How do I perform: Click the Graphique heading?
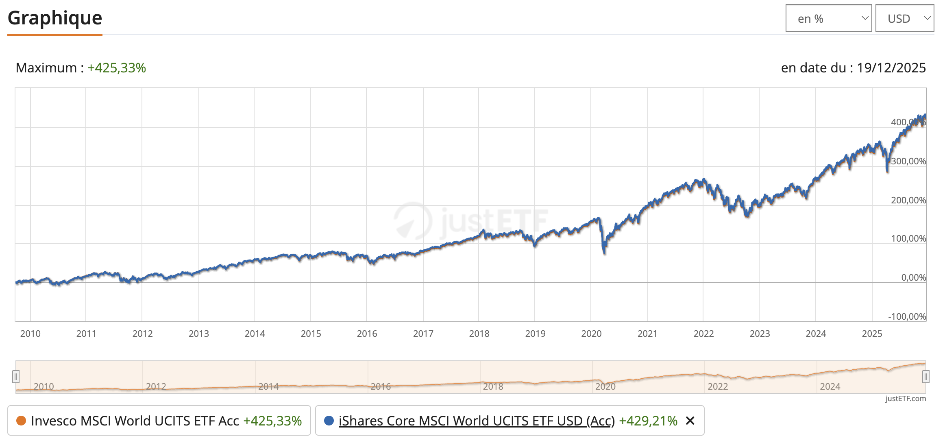55,18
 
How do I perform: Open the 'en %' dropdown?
828,18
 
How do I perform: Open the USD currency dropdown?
904,18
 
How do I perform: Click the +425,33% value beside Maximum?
117,68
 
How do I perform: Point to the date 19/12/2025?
891,68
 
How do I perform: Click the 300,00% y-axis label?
908,161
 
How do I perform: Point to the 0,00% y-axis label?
913,278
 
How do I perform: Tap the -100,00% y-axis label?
907,317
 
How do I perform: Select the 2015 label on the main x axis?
311,334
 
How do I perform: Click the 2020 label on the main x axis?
591,334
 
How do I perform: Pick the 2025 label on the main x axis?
872,334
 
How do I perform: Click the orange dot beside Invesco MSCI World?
21,421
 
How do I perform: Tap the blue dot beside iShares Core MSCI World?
329,421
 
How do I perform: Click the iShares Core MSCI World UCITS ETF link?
477,421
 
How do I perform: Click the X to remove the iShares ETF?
690,421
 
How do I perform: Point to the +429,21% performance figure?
648,421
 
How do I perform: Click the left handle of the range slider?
16,377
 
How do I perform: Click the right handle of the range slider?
925,377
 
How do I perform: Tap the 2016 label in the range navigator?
381,386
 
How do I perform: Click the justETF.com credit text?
906,399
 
